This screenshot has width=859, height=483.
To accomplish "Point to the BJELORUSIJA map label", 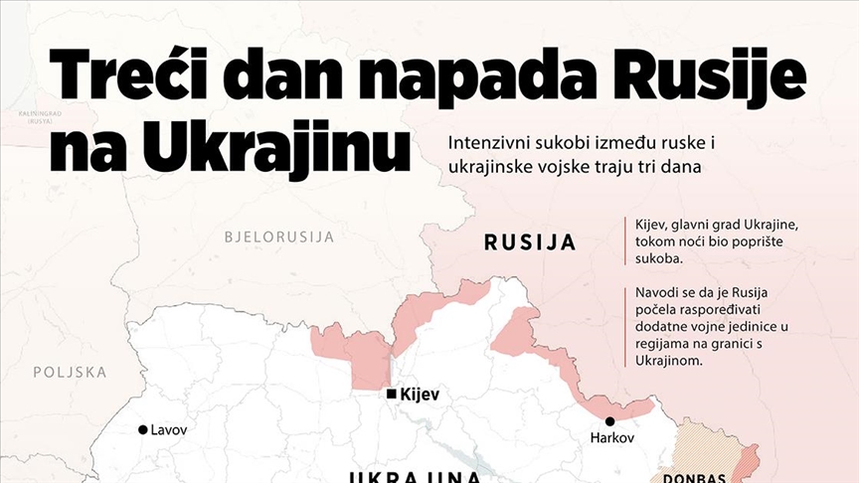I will coord(279,237).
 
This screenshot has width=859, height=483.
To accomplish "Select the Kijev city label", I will coord(419,395).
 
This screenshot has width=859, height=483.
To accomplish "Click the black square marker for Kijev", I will coord(392,395).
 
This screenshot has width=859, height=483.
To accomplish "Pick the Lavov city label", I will coord(169,429).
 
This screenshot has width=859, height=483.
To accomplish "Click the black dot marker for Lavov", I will coord(142,430).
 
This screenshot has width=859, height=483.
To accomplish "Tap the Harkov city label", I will coord(611,438).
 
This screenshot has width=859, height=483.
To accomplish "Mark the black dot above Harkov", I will coord(609,421).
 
